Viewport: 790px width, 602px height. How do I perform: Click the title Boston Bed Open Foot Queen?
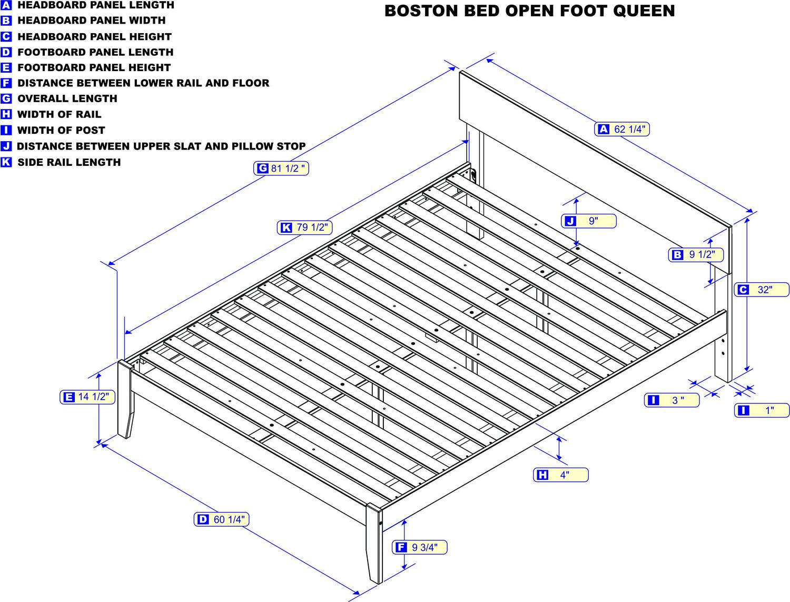point(529,11)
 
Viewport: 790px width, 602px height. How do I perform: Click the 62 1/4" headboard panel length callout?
point(622,129)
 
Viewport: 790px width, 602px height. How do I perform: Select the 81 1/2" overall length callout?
point(281,169)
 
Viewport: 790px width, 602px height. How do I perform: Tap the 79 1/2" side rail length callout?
point(304,228)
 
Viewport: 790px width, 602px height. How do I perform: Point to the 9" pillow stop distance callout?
point(589,221)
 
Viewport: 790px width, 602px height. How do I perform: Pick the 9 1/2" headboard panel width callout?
point(696,255)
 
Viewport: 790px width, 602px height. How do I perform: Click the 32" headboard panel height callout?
point(762,290)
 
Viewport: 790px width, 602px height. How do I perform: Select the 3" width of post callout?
point(672,400)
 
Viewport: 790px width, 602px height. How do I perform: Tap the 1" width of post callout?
point(762,410)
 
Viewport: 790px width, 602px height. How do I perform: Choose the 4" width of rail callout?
point(561,475)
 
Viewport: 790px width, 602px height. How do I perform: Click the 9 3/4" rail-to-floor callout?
point(420,547)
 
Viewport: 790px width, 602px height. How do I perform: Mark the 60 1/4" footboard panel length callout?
point(221,520)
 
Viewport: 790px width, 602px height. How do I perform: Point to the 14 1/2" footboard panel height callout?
point(87,397)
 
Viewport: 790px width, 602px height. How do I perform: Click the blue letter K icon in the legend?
point(6,162)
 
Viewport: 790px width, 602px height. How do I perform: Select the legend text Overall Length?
point(67,98)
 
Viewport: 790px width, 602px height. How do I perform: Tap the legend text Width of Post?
point(61,130)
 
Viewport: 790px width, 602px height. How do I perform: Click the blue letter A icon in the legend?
point(6,5)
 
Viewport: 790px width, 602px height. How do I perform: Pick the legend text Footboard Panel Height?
point(94,67)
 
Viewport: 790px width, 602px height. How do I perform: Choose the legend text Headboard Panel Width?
point(92,21)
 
